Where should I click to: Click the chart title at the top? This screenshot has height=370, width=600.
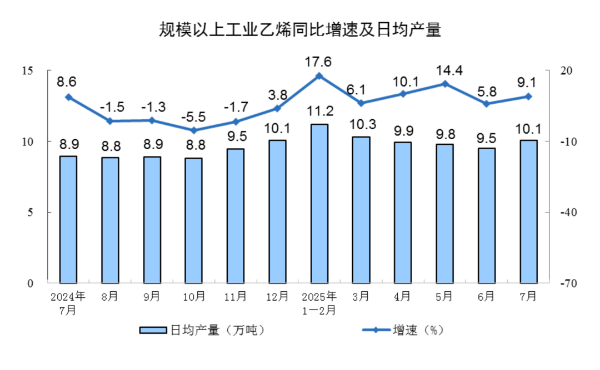(300, 30)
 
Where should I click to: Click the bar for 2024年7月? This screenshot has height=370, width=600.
(68, 219)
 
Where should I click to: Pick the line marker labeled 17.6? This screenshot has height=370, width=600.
(319, 75)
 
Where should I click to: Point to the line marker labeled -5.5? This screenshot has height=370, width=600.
(194, 131)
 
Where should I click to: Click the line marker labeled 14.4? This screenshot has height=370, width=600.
(444, 84)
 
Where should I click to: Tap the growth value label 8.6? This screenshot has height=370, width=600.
(67, 82)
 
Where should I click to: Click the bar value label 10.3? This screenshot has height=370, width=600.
(361, 125)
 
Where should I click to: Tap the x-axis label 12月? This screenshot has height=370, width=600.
(277, 297)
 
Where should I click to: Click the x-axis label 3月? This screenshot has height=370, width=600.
(361, 297)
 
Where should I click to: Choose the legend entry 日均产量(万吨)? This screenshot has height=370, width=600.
(201, 331)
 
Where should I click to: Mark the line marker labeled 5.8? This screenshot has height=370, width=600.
(486, 104)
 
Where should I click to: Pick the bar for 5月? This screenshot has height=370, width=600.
(444, 214)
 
